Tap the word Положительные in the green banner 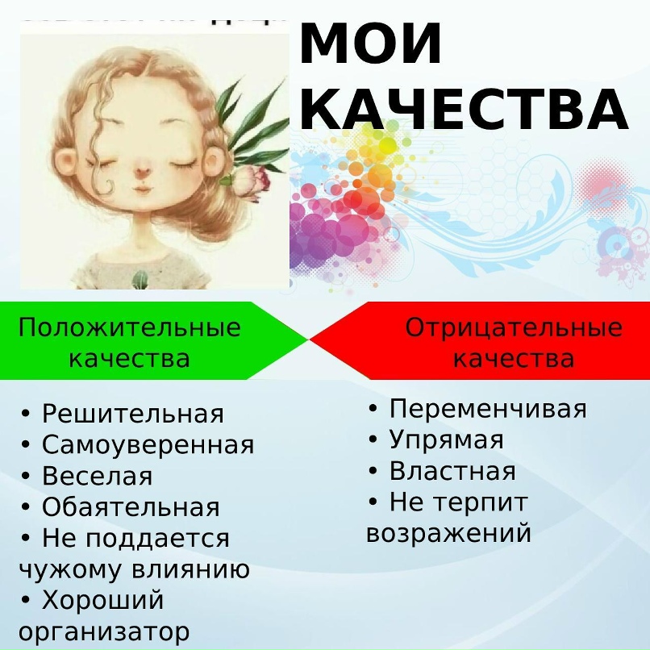pos(130,327)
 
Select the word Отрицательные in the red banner pos(514,327)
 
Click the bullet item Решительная pos(132,414)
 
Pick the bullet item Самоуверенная pos(148,444)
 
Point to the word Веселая pos(97,476)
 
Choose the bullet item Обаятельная pos(131,507)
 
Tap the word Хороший pos(102,601)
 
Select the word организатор pos(104,631)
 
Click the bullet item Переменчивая pos(488,409)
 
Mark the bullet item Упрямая pos(446,440)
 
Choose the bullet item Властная pos(452,471)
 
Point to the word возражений pos(449,533)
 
